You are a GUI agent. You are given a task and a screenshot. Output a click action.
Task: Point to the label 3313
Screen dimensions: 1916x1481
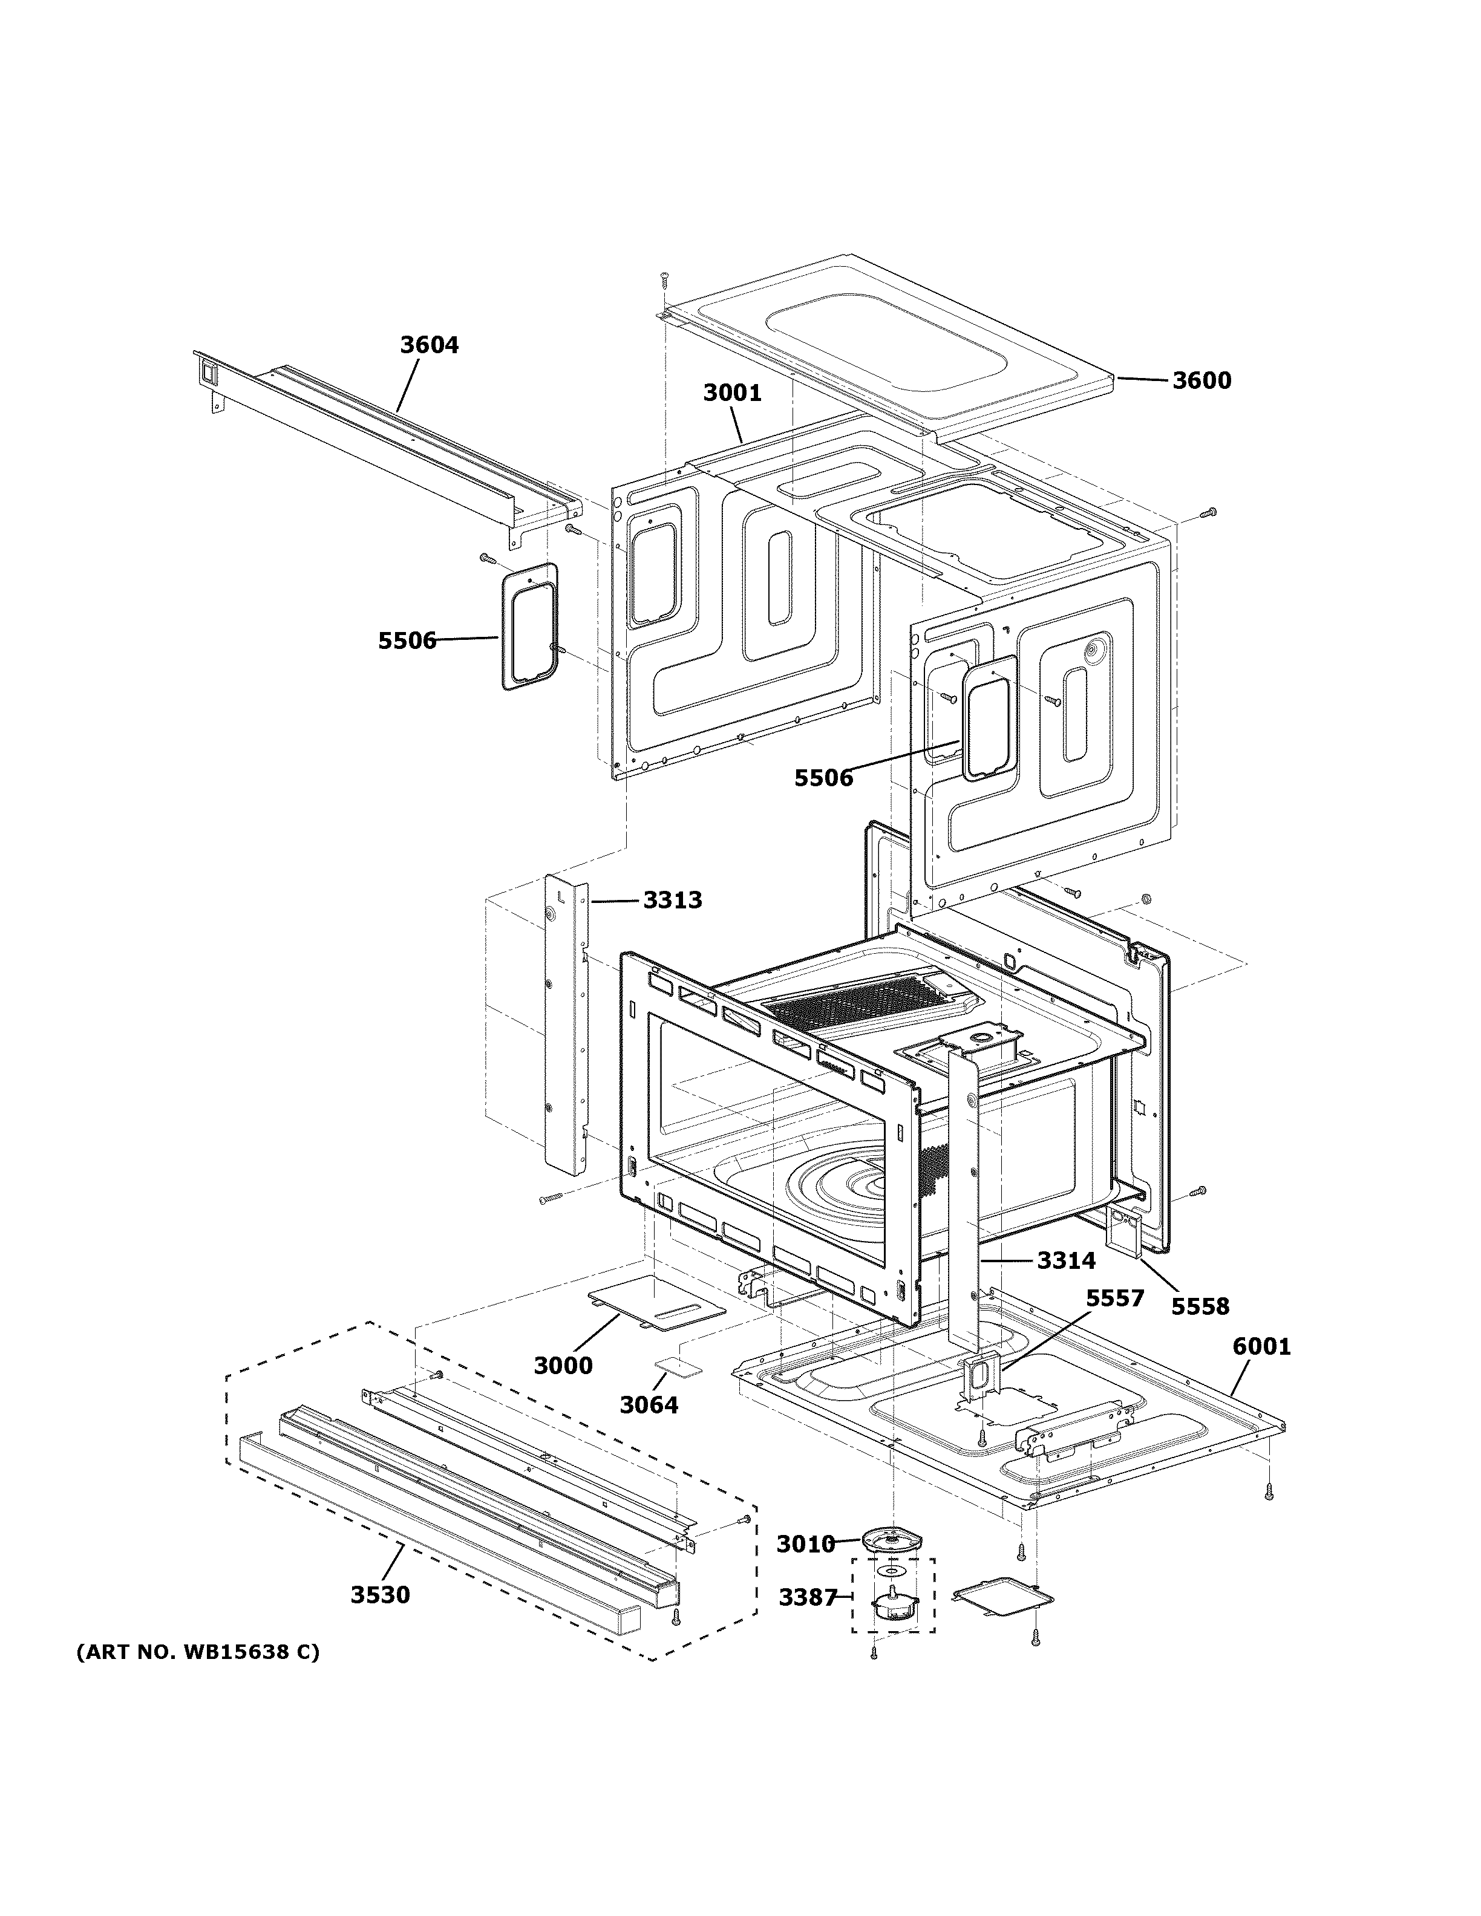click(x=672, y=900)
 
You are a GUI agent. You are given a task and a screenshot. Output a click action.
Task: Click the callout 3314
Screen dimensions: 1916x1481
click(x=1066, y=1260)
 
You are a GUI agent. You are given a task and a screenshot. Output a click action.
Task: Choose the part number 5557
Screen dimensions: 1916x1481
click(x=1114, y=1322)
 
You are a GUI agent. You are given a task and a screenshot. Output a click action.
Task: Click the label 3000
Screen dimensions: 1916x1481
click(x=563, y=1366)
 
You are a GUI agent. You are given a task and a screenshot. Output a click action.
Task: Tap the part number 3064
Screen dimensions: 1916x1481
click(x=649, y=1406)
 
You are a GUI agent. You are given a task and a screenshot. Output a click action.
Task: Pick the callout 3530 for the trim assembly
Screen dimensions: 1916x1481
click(x=380, y=1595)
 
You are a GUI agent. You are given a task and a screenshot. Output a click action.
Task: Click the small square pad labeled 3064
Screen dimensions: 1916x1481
click(x=679, y=1367)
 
